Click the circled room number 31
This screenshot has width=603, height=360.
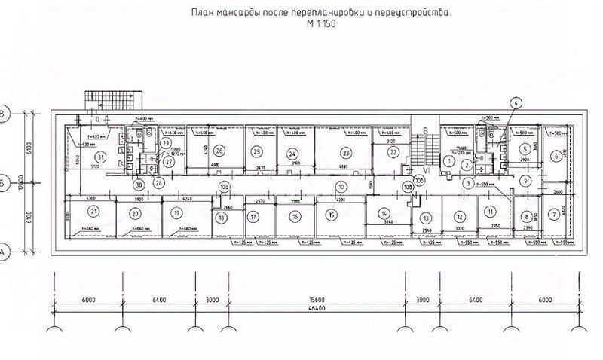pos(99,156)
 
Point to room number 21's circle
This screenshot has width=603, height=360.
pos(93,213)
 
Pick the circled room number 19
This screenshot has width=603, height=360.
pos(176,213)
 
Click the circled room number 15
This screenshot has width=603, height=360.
pos(330,216)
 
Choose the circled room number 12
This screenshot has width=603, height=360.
pos(458,216)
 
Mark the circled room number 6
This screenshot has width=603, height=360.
pos(556,156)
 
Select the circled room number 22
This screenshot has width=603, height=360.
pos(393,152)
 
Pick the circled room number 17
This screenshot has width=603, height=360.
pos(254,217)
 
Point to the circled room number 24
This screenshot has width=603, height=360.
pos(292,153)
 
